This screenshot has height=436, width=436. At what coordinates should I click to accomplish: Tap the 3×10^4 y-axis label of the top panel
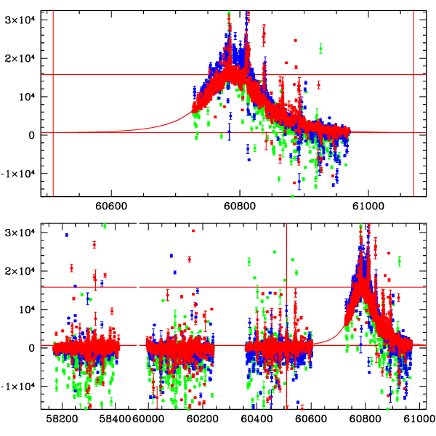coord(21,20)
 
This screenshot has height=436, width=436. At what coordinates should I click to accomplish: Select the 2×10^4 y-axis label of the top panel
coord(21,58)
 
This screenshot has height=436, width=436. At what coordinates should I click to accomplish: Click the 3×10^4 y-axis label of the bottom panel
coord(21,232)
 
